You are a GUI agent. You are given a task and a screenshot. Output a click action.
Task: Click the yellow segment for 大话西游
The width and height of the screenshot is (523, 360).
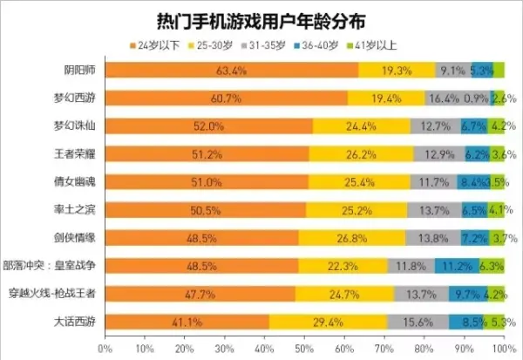pos(328,322)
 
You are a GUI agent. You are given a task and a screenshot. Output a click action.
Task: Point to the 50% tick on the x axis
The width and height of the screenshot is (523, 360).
pos(303,349)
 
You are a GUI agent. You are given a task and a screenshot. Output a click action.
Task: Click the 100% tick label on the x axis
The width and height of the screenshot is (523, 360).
pos(501,349)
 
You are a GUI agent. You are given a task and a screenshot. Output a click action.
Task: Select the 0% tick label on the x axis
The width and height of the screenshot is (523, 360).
pos(105,349)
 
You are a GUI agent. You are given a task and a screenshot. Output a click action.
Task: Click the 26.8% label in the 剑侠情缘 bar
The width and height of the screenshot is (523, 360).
pos(352,238)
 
